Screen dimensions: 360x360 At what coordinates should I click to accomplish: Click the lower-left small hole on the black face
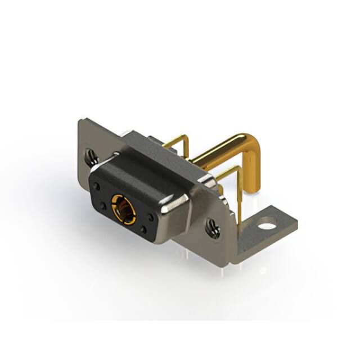click(x=105, y=208)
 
